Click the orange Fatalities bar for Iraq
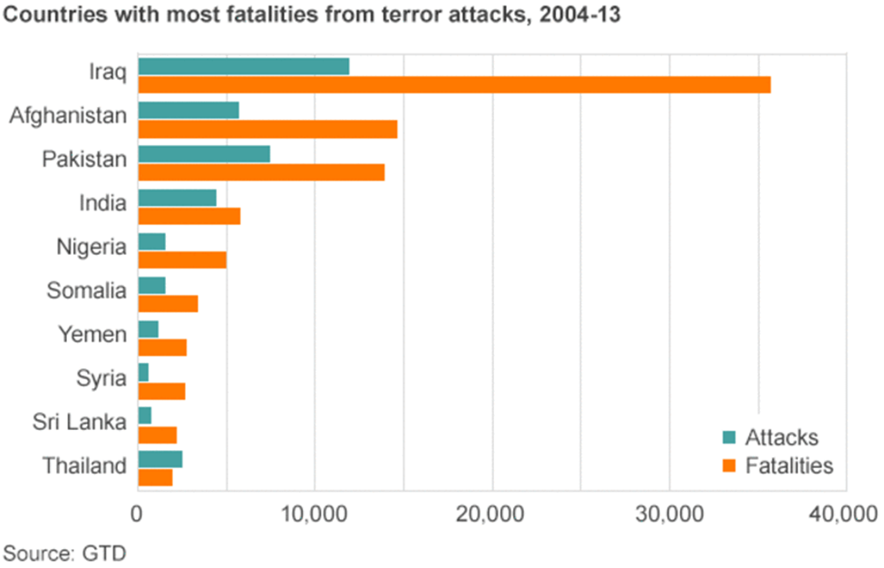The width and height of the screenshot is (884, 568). coord(453,84)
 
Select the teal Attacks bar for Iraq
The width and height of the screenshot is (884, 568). coord(243,66)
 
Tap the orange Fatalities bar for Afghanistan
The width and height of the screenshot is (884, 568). coord(267,129)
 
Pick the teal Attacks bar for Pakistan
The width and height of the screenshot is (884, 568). coord(204,154)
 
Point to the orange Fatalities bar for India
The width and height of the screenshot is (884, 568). coord(189,216)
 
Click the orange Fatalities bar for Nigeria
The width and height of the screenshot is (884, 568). coord(181,260)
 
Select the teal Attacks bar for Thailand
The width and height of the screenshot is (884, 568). coord(160,459)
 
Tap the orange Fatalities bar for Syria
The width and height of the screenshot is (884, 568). coord(161,391)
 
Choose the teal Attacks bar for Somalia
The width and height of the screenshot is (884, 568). coord(151,286)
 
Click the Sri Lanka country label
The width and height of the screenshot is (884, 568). coord(79,422)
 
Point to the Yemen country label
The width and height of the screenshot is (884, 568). coord(92,335)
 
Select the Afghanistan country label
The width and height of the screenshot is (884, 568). coord(67,116)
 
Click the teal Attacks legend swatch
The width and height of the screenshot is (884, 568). coord(729,437)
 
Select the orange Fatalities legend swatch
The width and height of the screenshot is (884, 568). coord(729,466)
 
